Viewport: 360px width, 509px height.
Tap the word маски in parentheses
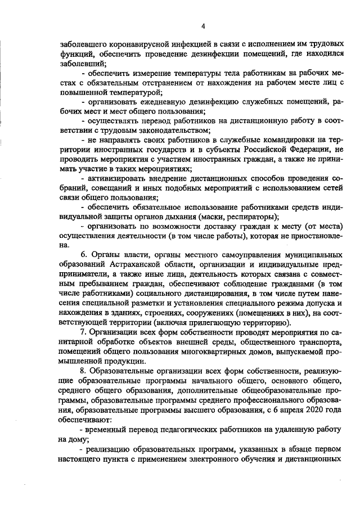(208, 217)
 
